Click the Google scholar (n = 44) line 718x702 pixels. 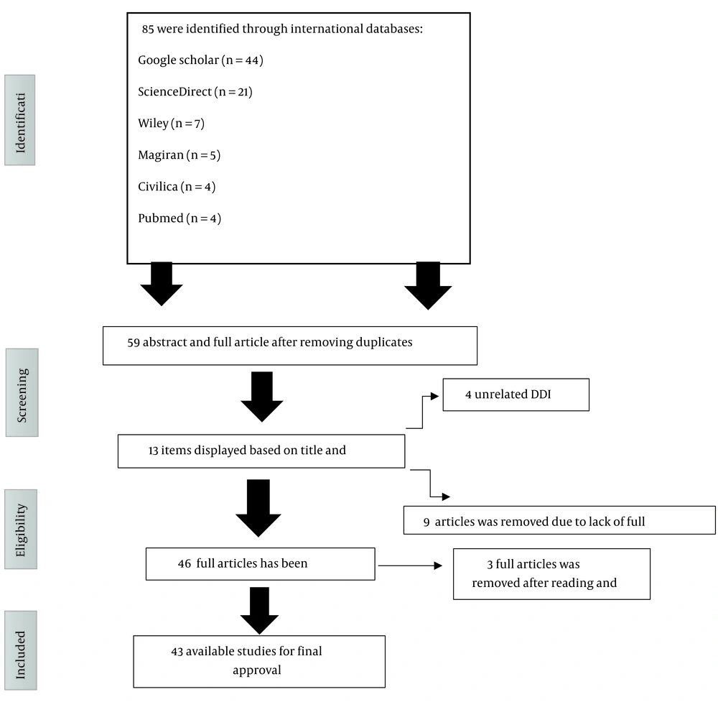(x=200, y=60)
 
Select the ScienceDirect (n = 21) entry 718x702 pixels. (x=195, y=92)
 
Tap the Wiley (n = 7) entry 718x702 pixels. (x=172, y=124)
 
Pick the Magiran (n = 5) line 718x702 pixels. (x=179, y=155)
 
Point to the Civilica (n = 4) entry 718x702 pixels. (x=177, y=187)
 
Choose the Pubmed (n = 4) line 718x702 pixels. (x=179, y=218)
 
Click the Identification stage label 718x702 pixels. (x=20, y=120)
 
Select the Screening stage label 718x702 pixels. (x=22, y=393)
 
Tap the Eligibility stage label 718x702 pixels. (x=21, y=530)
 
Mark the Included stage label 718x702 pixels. (x=21, y=650)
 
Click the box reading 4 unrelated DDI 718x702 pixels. (x=516, y=394)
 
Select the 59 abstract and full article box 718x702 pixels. (x=290, y=346)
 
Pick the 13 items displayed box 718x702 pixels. (x=261, y=451)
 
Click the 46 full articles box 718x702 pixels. (x=261, y=564)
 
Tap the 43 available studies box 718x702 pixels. (x=259, y=662)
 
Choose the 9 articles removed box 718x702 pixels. (x=559, y=520)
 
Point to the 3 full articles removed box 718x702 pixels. (x=551, y=574)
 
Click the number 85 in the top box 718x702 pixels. (x=148, y=29)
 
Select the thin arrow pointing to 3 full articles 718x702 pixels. (x=410, y=566)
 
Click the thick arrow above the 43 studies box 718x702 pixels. (x=260, y=611)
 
